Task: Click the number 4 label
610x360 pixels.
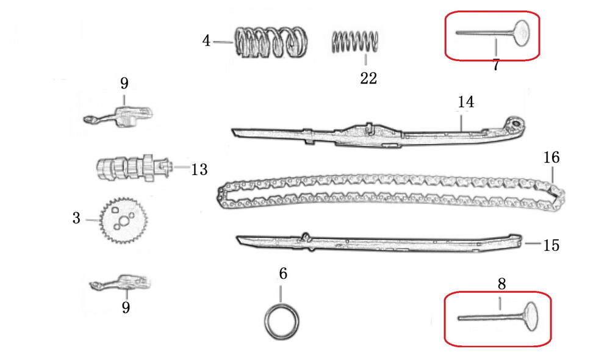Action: (206, 40)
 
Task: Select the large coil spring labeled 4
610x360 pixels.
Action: (271, 42)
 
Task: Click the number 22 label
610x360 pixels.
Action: (368, 78)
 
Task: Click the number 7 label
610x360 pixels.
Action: (495, 65)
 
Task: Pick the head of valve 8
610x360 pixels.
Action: (531, 316)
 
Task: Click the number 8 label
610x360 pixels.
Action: (501, 284)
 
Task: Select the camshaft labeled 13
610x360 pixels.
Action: (134, 168)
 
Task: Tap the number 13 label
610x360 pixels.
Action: (199, 170)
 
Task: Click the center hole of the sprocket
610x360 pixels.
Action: (123, 221)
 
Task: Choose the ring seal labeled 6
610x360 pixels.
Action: (282, 322)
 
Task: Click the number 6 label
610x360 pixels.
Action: (283, 273)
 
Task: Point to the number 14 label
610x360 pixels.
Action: (465, 102)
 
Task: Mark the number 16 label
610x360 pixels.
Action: (551, 157)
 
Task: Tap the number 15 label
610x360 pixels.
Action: (551, 245)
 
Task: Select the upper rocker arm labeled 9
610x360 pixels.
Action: (118, 116)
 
